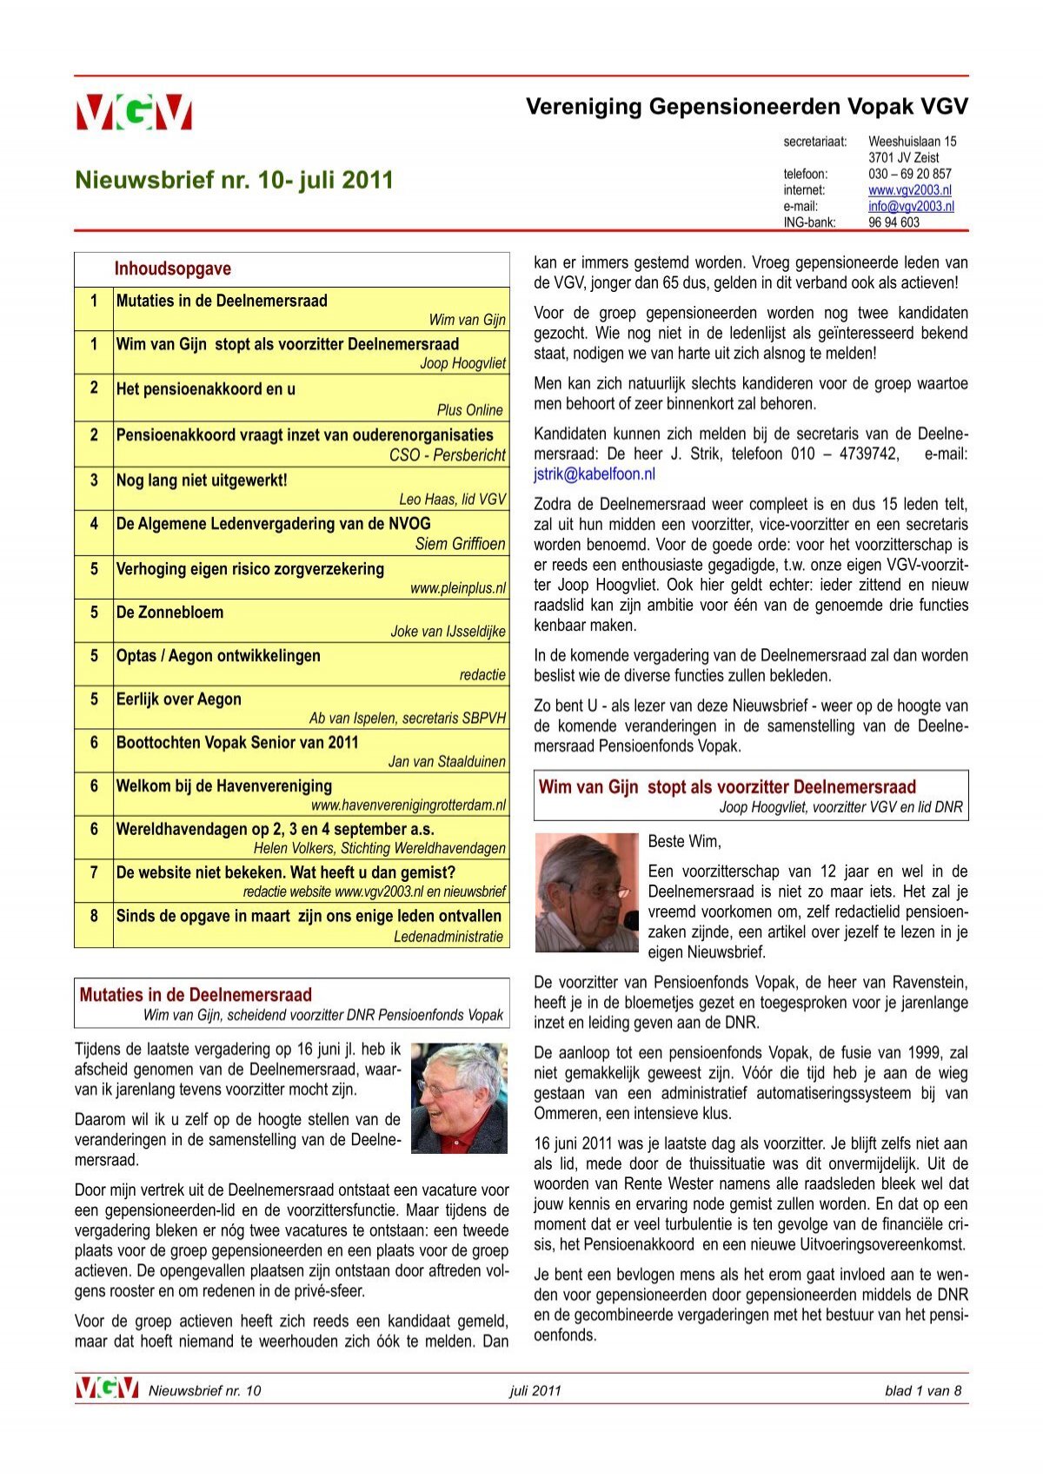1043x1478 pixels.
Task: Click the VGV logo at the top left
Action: tap(134, 112)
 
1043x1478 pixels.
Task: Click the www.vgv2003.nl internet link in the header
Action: tap(909, 189)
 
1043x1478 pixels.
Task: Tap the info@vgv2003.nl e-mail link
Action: tap(910, 206)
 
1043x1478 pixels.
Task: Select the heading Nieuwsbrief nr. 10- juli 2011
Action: tap(234, 180)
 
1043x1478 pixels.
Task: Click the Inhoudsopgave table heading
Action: tap(172, 268)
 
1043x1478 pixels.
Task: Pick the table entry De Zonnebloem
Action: tap(169, 612)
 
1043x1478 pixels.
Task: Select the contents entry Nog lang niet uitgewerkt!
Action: tap(201, 480)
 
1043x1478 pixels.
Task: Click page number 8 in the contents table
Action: tap(94, 915)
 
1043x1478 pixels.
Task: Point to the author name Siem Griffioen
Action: tap(460, 544)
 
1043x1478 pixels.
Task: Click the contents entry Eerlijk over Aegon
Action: tap(178, 699)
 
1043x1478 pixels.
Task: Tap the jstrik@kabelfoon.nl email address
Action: tap(594, 474)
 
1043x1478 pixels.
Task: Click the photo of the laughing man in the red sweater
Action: tap(459, 1097)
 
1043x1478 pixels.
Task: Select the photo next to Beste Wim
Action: tap(586, 892)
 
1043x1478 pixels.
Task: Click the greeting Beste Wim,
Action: tap(684, 841)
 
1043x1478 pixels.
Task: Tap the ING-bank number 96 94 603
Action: tap(893, 222)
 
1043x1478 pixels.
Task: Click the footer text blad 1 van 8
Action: tap(922, 1390)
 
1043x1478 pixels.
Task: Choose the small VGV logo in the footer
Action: tap(106, 1389)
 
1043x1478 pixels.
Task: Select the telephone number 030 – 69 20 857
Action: tap(909, 174)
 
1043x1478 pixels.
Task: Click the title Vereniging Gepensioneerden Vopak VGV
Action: tap(746, 107)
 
